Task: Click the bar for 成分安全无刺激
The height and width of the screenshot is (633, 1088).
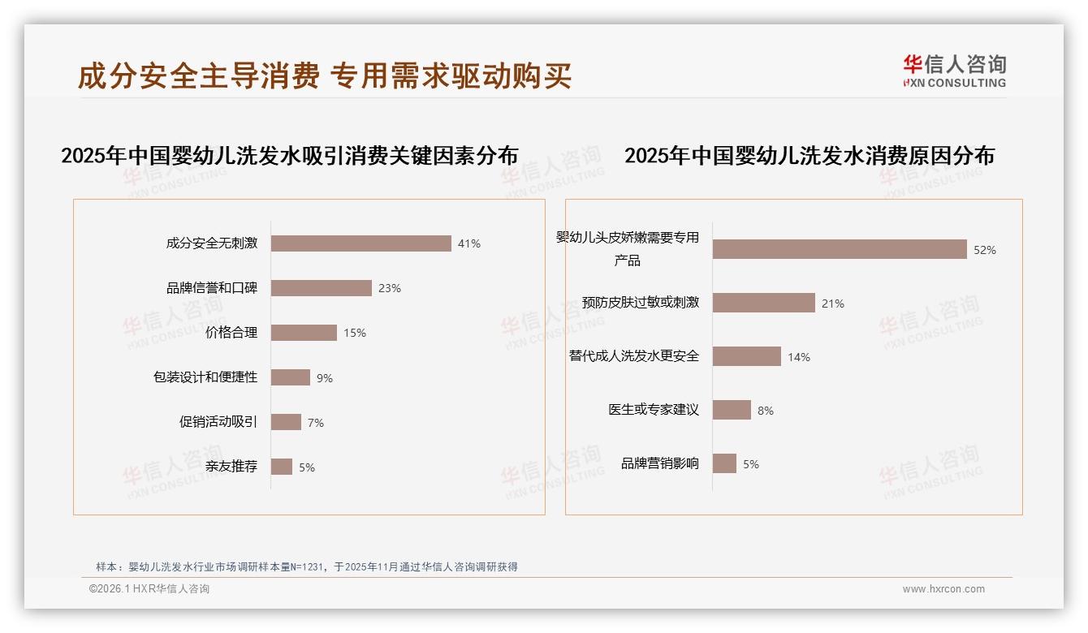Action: (x=361, y=243)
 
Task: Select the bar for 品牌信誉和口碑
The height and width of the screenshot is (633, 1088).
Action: (x=321, y=288)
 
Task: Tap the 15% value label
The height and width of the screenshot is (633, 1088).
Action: (x=355, y=333)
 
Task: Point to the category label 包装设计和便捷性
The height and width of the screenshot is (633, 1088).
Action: (x=205, y=377)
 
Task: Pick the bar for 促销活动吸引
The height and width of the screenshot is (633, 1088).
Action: (x=286, y=422)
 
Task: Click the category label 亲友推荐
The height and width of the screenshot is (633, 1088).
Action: (x=231, y=467)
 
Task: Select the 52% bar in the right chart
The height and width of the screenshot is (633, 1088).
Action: (x=840, y=249)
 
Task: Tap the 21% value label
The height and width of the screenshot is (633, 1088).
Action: (x=833, y=304)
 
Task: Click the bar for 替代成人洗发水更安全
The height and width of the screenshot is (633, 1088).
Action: (x=747, y=356)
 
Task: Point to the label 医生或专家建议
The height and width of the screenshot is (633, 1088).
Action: (x=654, y=410)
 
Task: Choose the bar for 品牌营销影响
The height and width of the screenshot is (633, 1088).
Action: (x=724, y=463)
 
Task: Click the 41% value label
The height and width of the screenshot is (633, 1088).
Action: (x=469, y=243)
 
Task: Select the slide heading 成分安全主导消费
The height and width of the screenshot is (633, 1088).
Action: (x=198, y=76)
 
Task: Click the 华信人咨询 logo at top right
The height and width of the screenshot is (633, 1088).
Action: (x=954, y=71)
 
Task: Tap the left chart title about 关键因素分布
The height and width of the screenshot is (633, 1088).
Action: (x=289, y=156)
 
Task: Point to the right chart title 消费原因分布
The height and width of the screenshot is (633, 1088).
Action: (x=809, y=156)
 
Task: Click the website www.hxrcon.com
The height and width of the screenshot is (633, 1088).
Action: (x=943, y=589)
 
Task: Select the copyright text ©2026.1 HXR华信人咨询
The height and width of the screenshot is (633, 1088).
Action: (x=149, y=589)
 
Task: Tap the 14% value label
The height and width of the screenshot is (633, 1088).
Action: (x=799, y=357)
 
